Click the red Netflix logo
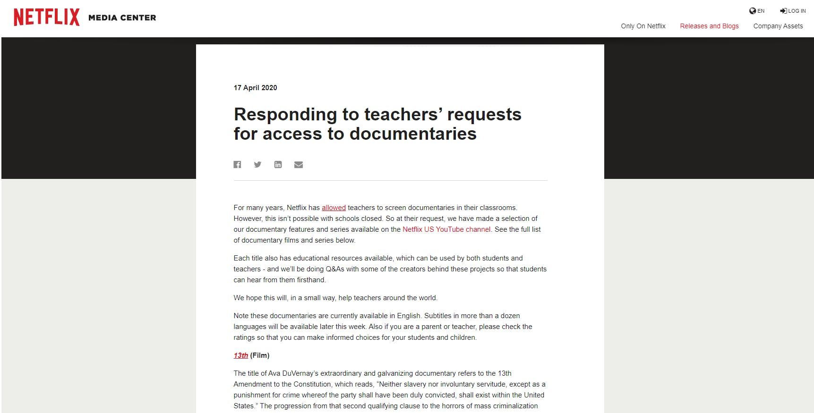[x=46, y=17]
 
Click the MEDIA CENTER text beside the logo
[x=122, y=18]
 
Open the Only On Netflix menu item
[x=643, y=26]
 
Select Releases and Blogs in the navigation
[x=709, y=26]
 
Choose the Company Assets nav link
[x=778, y=26]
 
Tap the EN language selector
[x=757, y=11]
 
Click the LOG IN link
[x=793, y=11]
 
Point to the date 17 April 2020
[x=255, y=88]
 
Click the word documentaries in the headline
[x=413, y=134]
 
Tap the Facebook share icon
[x=237, y=164]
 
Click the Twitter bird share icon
[x=257, y=164]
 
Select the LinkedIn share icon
[x=278, y=164]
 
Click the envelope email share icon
[x=299, y=164]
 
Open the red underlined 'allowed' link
[x=334, y=208]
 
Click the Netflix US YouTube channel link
[x=446, y=229]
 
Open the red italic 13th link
[x=240, y=355]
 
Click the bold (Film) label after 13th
[x=260, y=355]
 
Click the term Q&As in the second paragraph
[x=335, y=269]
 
